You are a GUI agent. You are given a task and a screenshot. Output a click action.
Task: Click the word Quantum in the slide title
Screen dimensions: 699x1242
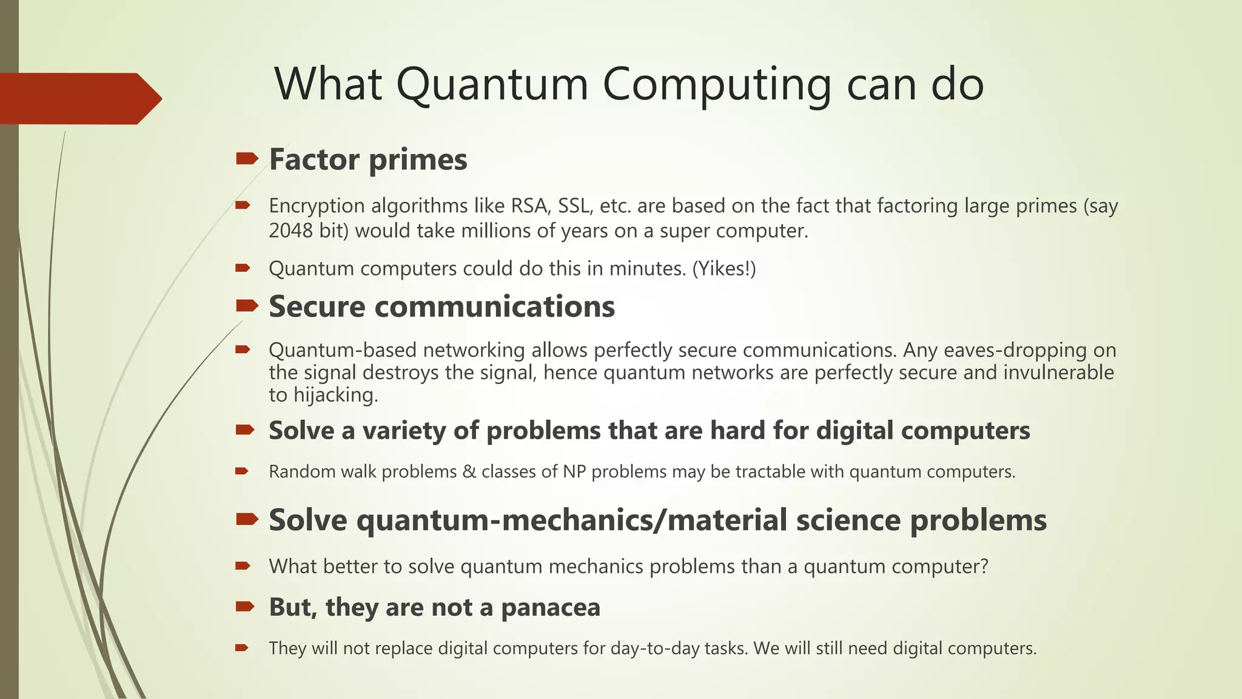point(492,84)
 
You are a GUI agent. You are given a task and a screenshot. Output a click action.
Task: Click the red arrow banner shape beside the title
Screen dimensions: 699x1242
point(79,98)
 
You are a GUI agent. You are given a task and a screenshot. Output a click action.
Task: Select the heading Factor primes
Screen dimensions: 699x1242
point(368,160)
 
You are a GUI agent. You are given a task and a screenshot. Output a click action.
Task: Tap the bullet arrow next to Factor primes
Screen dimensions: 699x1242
point(247,159)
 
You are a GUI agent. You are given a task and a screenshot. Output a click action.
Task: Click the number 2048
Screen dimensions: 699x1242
point(290,231)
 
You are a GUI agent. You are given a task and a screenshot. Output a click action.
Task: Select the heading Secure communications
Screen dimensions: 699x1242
point(441,306)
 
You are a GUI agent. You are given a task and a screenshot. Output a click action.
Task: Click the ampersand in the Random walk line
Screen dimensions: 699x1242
point(469,471)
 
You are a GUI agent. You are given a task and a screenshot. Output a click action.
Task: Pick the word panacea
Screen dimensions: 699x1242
point(551,607)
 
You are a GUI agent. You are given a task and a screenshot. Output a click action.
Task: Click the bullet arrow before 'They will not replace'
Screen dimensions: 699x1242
point(242,648)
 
